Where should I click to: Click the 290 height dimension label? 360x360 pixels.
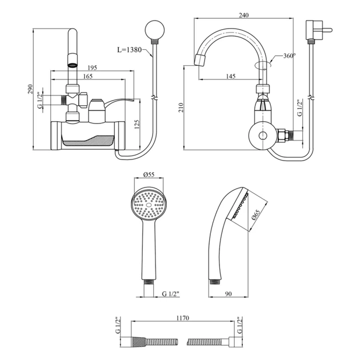coord(30,89)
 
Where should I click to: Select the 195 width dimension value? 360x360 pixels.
coord(93,68)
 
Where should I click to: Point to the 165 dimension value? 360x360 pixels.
coord(87,76)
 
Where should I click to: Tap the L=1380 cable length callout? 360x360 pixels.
coord(130,50)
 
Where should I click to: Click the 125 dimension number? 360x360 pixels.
coord(137,124)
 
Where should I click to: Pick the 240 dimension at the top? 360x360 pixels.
coord(243,15)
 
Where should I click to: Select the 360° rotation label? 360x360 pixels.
coord(290,56)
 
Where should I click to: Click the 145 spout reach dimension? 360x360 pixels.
coord(231,76)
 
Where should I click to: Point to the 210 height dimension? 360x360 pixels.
coord(181,107)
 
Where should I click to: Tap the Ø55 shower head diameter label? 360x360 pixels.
coord(149,175)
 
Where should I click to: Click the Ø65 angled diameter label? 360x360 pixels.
coord(255,215)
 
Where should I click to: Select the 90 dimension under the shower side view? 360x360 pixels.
coord(229,294)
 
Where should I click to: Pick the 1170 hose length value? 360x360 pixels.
coord(183,318)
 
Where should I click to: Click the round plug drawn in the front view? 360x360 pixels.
coord(155,30)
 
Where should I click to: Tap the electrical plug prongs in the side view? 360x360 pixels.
coord(327,30)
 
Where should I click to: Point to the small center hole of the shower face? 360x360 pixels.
coord(149,205)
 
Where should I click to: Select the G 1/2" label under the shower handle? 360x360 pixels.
coord(170,294)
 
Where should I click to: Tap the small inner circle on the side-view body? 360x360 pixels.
coord(263,135)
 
